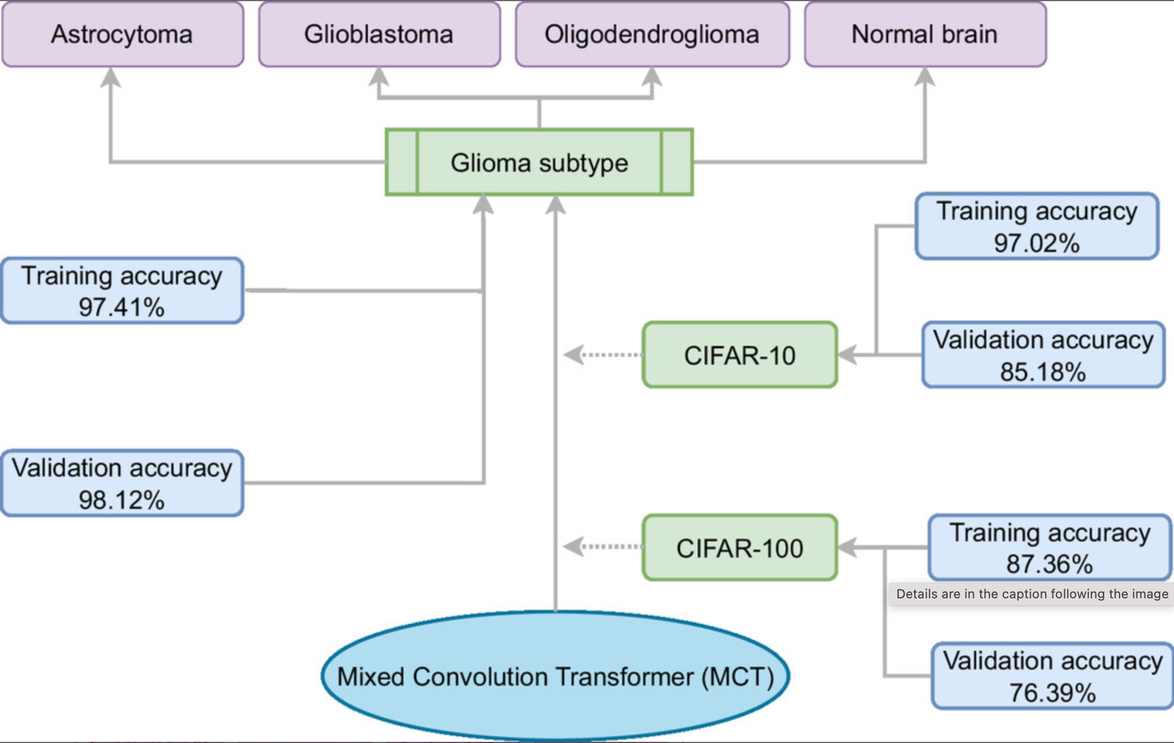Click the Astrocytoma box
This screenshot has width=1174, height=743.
coord(122,35)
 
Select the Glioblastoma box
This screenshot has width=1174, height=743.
coord(379,35)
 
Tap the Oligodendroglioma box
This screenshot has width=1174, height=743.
coord(652,35)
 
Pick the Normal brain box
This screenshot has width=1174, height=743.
coord(925,35)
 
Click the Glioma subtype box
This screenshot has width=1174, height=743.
coord(539,163)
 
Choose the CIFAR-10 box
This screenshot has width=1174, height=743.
coord(740,355)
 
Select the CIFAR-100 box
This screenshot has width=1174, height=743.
coord(740,548)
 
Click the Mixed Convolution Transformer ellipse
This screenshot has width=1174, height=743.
coord(555,676)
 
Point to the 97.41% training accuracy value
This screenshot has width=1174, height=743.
coord(121,307)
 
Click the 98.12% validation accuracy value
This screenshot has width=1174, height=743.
coord(121,500)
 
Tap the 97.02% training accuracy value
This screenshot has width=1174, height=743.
coord(1036,243)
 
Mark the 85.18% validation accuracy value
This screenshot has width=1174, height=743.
coord(1043,372)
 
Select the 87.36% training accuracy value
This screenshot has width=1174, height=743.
coord(1049,564)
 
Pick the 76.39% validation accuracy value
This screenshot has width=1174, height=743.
coord(1052,693)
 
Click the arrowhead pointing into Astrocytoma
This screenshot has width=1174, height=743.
coord(110,78)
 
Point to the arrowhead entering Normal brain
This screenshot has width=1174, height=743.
coord(925,76)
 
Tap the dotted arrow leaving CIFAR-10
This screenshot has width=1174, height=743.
coord(601,355)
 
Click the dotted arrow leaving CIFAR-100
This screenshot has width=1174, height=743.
coord(601,546)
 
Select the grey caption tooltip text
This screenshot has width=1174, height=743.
coord(1032,594)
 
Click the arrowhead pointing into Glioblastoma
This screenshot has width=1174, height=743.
coord(379,76)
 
